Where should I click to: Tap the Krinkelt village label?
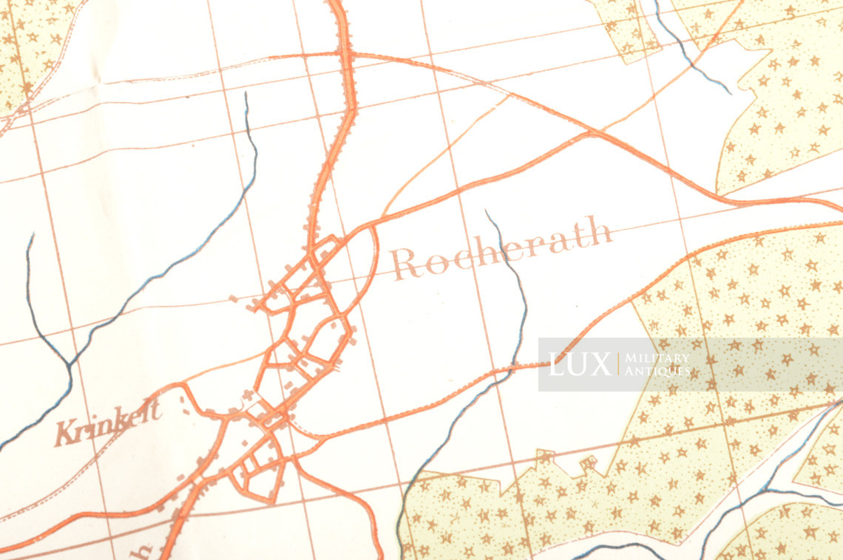(108, 424)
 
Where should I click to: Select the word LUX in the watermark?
(580, 363)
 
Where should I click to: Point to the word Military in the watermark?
(657, 358)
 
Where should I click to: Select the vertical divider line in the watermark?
(617, 363)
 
